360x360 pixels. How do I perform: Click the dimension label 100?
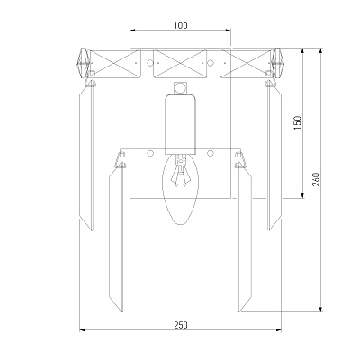tap(180, 25)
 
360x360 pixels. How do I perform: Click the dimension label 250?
tap(181, 325)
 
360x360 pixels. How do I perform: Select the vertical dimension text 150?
tap(297, 123)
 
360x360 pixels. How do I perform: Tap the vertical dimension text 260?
tap(316, 179)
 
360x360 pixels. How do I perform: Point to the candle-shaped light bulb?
tap(180, 189)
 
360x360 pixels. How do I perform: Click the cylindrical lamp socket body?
tap(180, 124)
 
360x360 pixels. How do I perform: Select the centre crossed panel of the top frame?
tap(180, 63)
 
